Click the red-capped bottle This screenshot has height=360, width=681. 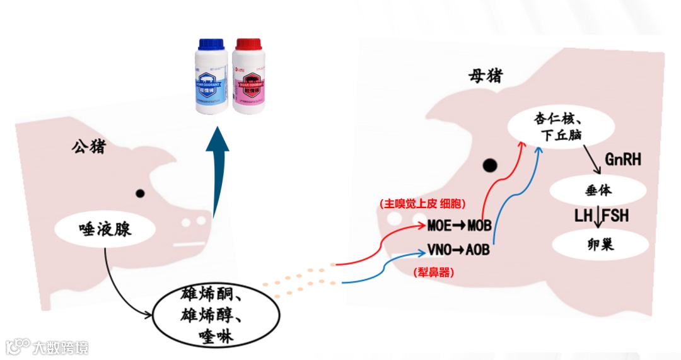[248, 78]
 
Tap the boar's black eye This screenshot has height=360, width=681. [141, 194]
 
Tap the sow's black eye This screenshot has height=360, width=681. [489, 166]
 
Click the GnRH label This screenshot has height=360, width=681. [622, 159]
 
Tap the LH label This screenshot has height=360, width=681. [583, 216]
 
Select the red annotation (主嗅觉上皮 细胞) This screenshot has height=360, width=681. [422, 204]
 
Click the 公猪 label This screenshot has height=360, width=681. [89, 148]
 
